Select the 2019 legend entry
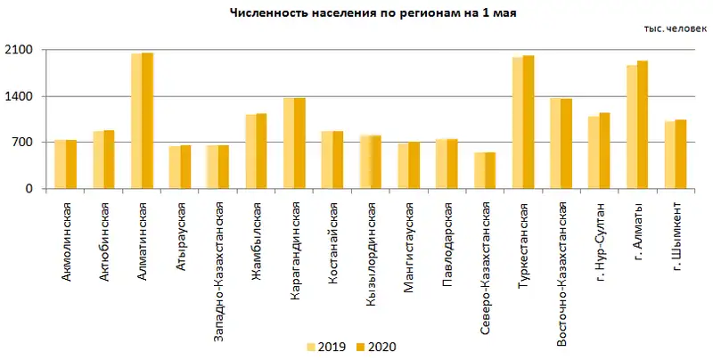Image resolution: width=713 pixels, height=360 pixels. (x=326, y=346)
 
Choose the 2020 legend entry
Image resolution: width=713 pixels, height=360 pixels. (x=374, y=346)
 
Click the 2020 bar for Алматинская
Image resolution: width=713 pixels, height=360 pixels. (x=147, y=120)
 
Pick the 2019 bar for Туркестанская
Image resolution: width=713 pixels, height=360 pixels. (x=518, y=123)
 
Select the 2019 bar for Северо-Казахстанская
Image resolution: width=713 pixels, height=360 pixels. (x=479, y=170)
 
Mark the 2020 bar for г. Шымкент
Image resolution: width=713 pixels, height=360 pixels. (x=681, y=154)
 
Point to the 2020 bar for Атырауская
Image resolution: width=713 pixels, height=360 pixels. (x=185, y=167)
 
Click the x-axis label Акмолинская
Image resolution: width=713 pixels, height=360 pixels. (x=67, y=241)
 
